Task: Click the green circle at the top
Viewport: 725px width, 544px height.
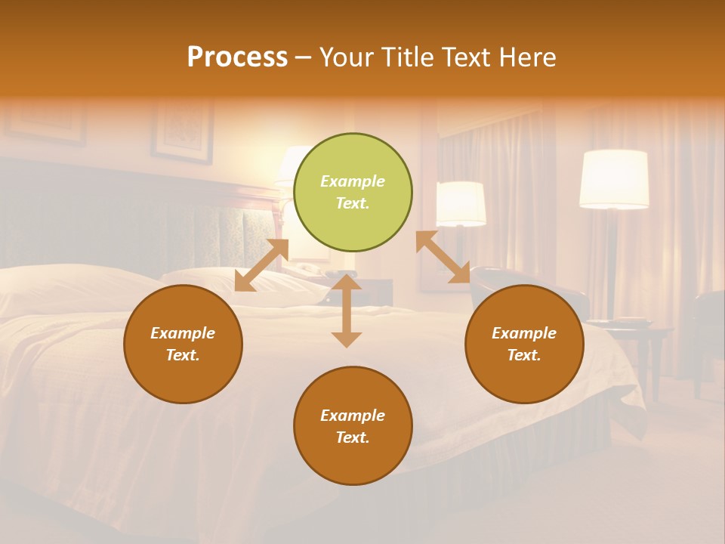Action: click(353, 193)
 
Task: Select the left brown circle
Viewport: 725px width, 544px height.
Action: click(183, 344)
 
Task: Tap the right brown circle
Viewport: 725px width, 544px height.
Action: click(524, 344)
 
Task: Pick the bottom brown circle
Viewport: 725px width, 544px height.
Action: click(353, 426)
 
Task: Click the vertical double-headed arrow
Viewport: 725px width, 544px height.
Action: click(347, 311)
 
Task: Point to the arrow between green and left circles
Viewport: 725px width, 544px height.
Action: click(261, 265)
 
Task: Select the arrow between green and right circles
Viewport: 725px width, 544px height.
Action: click(443, 258)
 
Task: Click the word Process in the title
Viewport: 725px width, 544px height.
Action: click(237, 57)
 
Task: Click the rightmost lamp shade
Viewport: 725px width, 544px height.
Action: click(614, 178)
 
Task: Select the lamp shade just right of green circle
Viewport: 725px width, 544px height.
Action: click(461, 203)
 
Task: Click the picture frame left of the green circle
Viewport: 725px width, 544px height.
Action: click(182, 131)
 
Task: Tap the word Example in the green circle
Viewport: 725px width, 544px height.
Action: click(353, 181)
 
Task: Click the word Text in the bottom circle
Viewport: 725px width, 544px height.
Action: click(353, 437)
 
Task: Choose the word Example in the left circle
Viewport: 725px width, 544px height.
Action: click(183, 333)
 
